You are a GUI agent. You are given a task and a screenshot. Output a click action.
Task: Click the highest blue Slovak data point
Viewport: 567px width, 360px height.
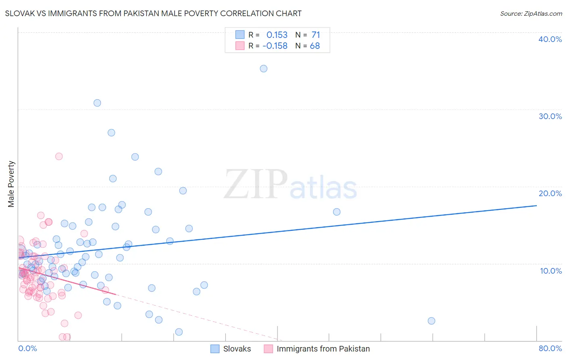tap(263, 69)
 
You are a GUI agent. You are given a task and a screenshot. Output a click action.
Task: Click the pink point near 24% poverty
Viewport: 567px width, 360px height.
tap(59, 156)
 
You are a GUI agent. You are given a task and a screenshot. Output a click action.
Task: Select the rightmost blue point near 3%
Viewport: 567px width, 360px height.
tap(431, 321)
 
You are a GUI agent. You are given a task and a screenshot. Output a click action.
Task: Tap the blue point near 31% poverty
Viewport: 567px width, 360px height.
tap(97, 103)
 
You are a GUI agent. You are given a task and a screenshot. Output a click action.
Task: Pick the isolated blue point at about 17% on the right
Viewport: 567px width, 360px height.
tap(337, 212)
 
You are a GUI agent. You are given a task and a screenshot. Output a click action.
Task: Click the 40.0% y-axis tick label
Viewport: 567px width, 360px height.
tap(550, 39)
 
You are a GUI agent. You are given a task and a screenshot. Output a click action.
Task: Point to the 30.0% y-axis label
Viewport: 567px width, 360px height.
tap(550, 116)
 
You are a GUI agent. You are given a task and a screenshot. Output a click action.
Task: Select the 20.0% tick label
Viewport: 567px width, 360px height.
tap(550, 193)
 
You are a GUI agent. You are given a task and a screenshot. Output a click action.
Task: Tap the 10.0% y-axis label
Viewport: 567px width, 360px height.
tap(550, 271)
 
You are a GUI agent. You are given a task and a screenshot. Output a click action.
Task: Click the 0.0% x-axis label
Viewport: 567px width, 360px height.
tap(27, 348)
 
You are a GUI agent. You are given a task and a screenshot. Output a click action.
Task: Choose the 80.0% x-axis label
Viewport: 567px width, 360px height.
tap(550, 348)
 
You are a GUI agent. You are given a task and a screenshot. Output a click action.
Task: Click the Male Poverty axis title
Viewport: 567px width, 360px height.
tap(11, 184)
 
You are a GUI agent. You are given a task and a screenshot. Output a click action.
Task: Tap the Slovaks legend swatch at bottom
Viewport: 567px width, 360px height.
tap(215, 349)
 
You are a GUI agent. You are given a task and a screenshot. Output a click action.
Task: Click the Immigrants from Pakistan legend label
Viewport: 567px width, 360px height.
tap(323, 349)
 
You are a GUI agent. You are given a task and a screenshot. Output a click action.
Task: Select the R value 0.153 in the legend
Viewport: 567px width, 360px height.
tap(277, 35)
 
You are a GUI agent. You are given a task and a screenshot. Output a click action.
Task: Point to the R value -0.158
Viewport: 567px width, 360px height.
tap(275, 46)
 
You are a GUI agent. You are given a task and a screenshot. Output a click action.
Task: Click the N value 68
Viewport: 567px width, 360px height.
tap(315, 46)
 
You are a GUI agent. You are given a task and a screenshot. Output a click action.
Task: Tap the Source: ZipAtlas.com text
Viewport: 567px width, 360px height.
tap(531, 14)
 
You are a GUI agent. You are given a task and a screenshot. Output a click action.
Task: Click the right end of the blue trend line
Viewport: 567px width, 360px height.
tap(536, 206)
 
